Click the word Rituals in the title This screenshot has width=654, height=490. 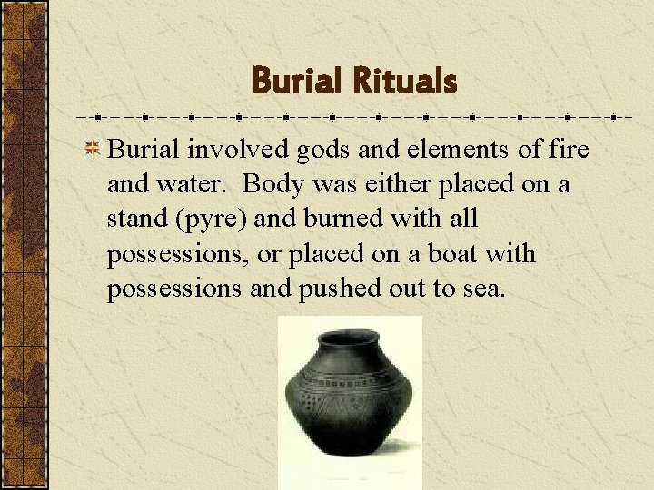[x=405, y=82]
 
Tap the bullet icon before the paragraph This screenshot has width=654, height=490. [x=93, y=150]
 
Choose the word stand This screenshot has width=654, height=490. [x=134, y=219]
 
